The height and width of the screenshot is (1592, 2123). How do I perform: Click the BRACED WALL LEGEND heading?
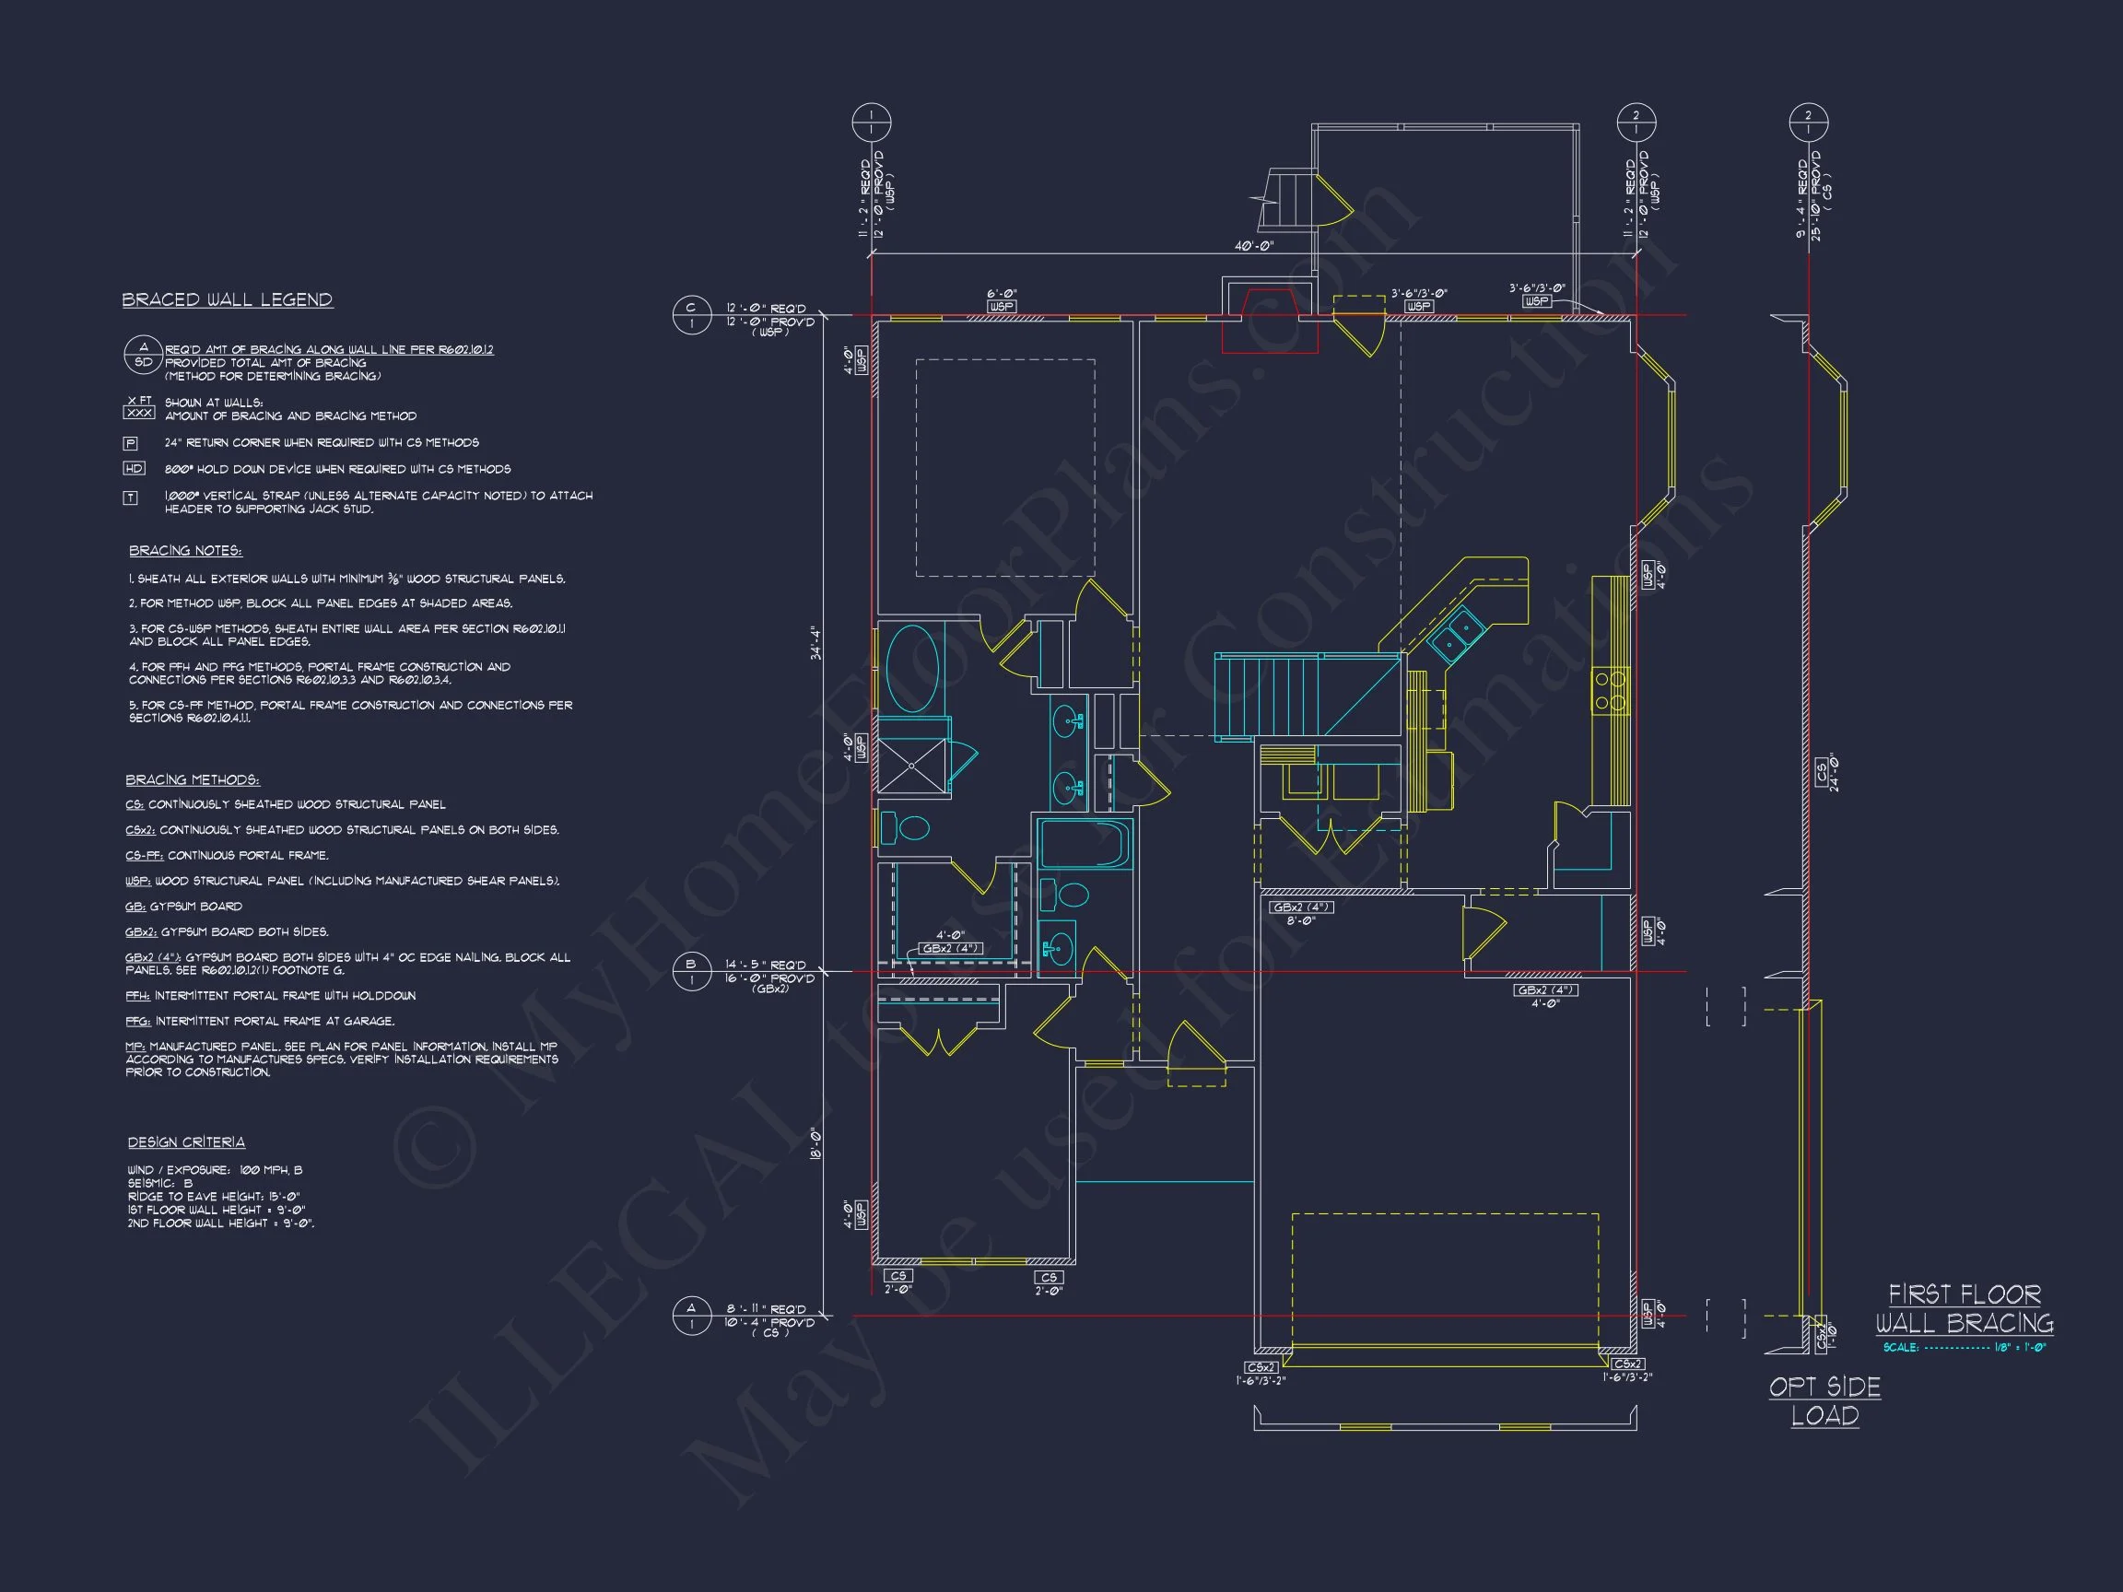[x=227, y=300]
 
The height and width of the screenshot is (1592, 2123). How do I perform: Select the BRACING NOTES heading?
[x=185, y=551]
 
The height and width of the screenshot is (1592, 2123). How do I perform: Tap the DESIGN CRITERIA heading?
[x=186, y=1141]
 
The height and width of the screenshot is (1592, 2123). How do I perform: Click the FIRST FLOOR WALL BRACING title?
[x=1964, y=1309]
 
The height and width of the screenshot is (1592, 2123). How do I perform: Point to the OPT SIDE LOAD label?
[x=1824, y=1401]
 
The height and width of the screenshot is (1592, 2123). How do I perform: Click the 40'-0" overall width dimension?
[x=1253, y=247]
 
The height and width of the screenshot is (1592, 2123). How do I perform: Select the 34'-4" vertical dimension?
[x=815, y=643]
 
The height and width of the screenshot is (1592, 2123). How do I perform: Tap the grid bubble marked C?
[x=691, y=316]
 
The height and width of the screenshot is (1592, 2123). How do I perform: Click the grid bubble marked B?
[x=691, y=971]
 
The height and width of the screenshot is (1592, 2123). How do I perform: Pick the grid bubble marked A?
[x=691, y=1316]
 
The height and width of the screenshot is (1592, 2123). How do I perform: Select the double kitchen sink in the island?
[x=1457, y=633]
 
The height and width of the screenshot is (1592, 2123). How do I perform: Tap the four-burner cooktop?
[x=1611, y=691]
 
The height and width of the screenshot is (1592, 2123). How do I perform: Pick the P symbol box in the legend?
[x=132, y=443]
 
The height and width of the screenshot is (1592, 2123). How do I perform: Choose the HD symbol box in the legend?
[x=134, y=469]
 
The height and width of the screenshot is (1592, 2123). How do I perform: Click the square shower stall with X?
[x=912, y=765]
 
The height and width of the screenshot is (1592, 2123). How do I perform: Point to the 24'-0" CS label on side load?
[x=1826, y=772]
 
